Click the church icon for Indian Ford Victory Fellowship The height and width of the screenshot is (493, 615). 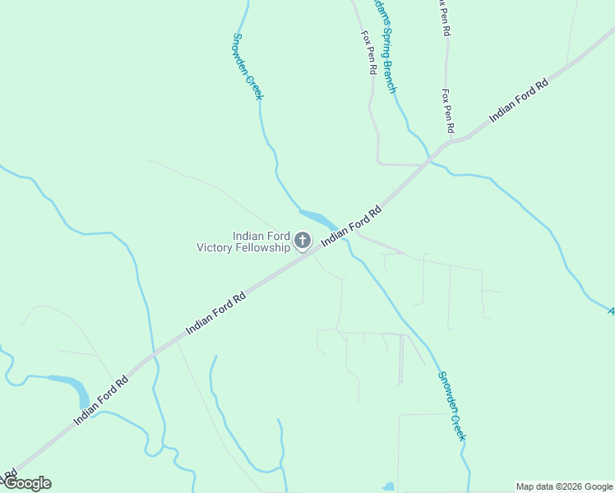[x=303, y=240]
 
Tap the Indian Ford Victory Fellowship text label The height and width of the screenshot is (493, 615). [x=243, y=241]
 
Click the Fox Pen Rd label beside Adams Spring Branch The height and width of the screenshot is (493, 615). [x=368, y=54]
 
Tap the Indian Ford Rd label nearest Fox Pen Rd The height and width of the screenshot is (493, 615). [x=518, y=101]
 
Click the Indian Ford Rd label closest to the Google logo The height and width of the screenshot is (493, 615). [x=101, y=399]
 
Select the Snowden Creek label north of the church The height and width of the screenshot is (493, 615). [x=247, y=67]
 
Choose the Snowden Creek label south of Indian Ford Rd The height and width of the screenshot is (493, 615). [x=451, y=406]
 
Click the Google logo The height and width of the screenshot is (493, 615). [x=27, y=483]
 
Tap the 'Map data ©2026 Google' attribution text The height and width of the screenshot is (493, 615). [x=564, y=486]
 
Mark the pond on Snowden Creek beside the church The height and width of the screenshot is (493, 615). [x=317, y=219]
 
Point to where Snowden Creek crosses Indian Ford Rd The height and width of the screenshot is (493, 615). [x=341, y=233]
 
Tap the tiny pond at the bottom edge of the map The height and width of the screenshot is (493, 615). [x=390, y=487]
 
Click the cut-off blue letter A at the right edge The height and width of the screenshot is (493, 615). [x=610, y=311]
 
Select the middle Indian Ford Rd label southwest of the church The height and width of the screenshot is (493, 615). [x=216, y=313]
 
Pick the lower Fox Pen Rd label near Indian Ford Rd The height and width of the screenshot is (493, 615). [x=447, y=112]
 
